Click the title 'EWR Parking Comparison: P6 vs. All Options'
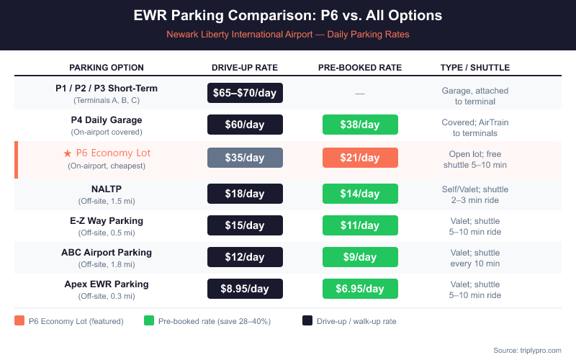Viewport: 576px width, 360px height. coord(288,15)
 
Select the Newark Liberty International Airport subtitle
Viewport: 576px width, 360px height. coord(288,34)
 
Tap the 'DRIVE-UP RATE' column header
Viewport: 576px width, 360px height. coord(245,68)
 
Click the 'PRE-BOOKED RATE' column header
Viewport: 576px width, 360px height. coord(360,68)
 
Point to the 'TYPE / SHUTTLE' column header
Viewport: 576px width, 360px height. coord(475,68)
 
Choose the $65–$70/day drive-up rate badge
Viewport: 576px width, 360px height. coord(245,93)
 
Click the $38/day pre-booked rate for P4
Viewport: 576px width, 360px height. coord(360,125)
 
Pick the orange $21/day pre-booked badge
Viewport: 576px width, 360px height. coord(360,158)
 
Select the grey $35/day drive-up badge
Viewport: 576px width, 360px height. coord(245,158)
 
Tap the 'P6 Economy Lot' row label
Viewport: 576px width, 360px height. coord(107,153)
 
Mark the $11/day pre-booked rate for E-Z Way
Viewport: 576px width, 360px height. coord(360,225)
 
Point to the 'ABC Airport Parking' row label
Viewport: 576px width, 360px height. coord(107,253)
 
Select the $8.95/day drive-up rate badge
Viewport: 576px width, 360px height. coord(245,289)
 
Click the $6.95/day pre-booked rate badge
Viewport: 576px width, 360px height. coord(360,289)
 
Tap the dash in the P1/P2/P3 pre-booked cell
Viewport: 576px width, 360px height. coord(360,94)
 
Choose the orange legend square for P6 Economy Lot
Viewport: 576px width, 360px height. coord(19,321)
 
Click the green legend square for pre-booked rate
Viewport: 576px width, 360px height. coord(149,321)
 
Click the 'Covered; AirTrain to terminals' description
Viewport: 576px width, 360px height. coord(475,128)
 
